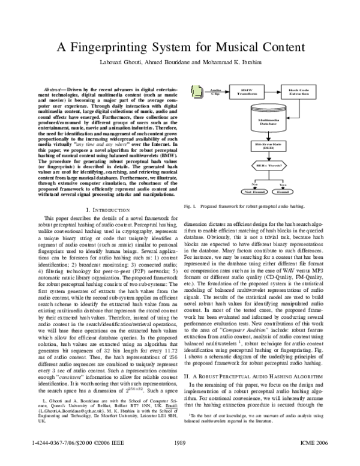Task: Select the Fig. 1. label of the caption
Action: tap(190, 205)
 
